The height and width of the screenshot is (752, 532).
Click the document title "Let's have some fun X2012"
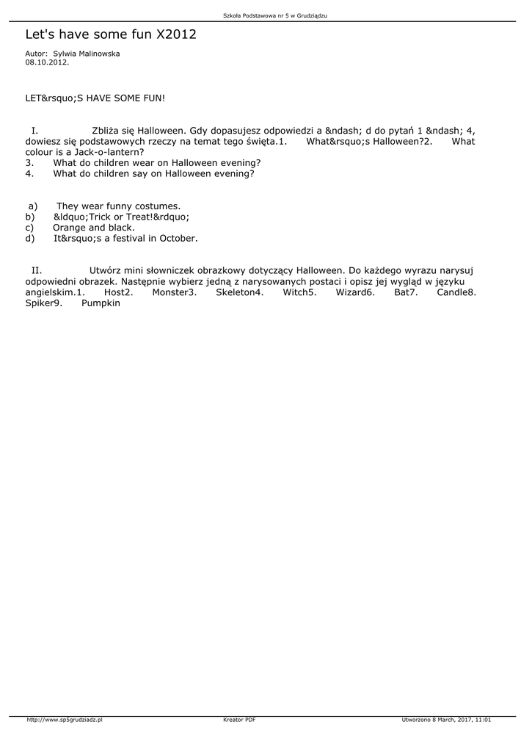[111, 35]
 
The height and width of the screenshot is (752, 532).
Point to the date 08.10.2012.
[47, 62]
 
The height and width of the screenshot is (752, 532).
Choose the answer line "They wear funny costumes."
[118, 206]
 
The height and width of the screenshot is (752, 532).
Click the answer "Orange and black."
[94, 228]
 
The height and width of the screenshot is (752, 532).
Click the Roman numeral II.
[37, 270]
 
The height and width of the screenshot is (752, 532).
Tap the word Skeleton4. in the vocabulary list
[239, 292]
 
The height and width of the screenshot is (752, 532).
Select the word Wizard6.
[355, 292]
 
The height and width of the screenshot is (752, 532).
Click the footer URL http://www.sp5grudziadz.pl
[64, 720]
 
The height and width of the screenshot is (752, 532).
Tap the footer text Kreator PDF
[239, 720]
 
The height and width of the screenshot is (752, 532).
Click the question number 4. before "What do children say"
[29, 174]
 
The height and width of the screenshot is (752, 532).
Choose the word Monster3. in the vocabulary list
[174, 292]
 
